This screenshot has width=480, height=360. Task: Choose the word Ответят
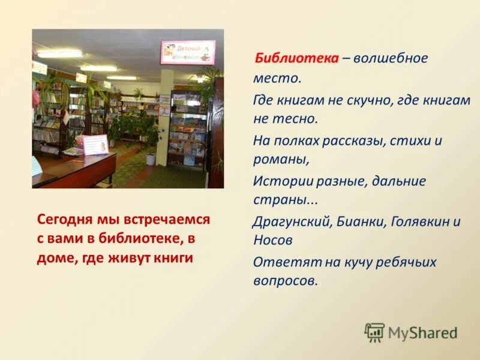[x=281, y=262]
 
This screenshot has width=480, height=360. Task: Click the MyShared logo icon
[x=374, y=332]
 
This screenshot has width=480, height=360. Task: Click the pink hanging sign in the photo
[x=187, y=52]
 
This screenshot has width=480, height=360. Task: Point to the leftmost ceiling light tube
[x=60, y=54]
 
